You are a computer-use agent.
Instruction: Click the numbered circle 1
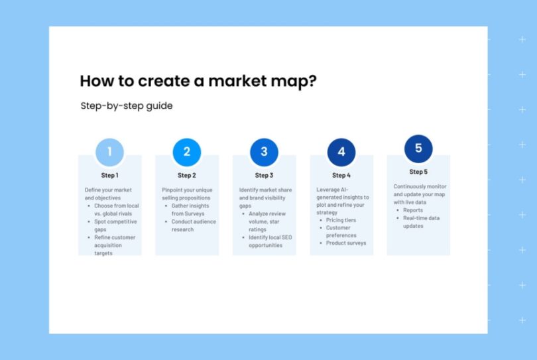pyautogui.click(x=109, y=152)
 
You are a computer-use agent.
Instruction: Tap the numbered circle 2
pyautogui.click(x=186, y=152)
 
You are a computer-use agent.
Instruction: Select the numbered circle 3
pyautogui.click(x=264, y=152)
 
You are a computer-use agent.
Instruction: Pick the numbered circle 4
pyautogui.click(x=341, y=152)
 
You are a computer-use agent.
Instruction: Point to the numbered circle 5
pyautogui.click(x=418, y=148)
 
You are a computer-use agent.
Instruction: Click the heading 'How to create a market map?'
pyautogui.click(x=198, y=81)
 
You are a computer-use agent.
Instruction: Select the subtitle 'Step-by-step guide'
pyautogui.click(x=127, y=105)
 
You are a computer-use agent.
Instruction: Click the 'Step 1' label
pyautogui.click(x=109, y=176)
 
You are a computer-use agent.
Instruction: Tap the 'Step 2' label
pyautogui.click(x=187, y=176)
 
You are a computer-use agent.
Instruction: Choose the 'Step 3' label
pyautogui.click(x=264, y=176)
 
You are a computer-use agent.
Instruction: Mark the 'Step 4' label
pyautogui.click(x=341, y=176)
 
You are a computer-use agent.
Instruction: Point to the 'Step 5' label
pyautogui.click(x=418, y=172)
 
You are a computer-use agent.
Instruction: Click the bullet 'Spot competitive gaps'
pyautogui.click(x=114, y=225)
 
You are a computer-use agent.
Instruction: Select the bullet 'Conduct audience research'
pyautogui.click(x=192, y=225)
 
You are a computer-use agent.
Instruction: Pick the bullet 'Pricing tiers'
pyautogui.click(x=341, y=220)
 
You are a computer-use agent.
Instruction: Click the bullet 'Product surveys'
pyautogui.click(x=345, y=243)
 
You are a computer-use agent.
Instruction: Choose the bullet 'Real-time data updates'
pyautogui.click(x=421, y=222)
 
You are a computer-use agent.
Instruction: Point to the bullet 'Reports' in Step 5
pyautogui.click(x=413, y=210)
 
